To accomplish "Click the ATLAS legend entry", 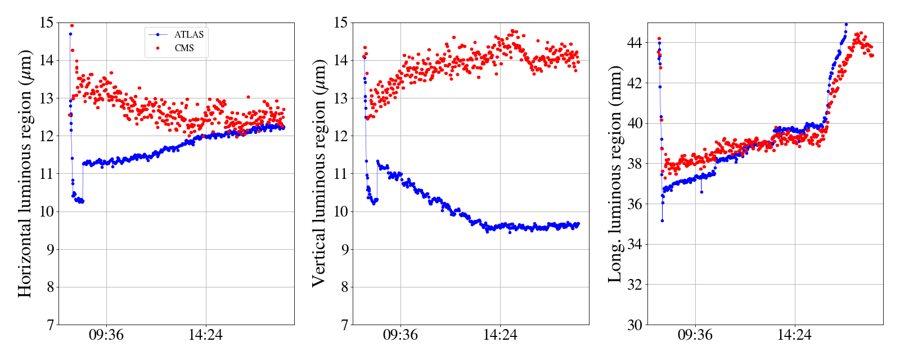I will click(189, 34).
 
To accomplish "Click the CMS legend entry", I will click(184, 48).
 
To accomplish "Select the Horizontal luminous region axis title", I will click(25, 173).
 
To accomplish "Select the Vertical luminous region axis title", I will click(319, 173).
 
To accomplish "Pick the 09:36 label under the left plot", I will click(106, 335).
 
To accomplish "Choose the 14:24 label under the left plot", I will click(205, 335).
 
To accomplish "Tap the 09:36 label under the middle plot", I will click(400, 335).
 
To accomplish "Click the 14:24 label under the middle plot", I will click(500, 335).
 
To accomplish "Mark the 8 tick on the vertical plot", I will click(343, 287).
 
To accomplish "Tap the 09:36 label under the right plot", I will click(695, 335).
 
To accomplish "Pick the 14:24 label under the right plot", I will click(794, 335).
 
